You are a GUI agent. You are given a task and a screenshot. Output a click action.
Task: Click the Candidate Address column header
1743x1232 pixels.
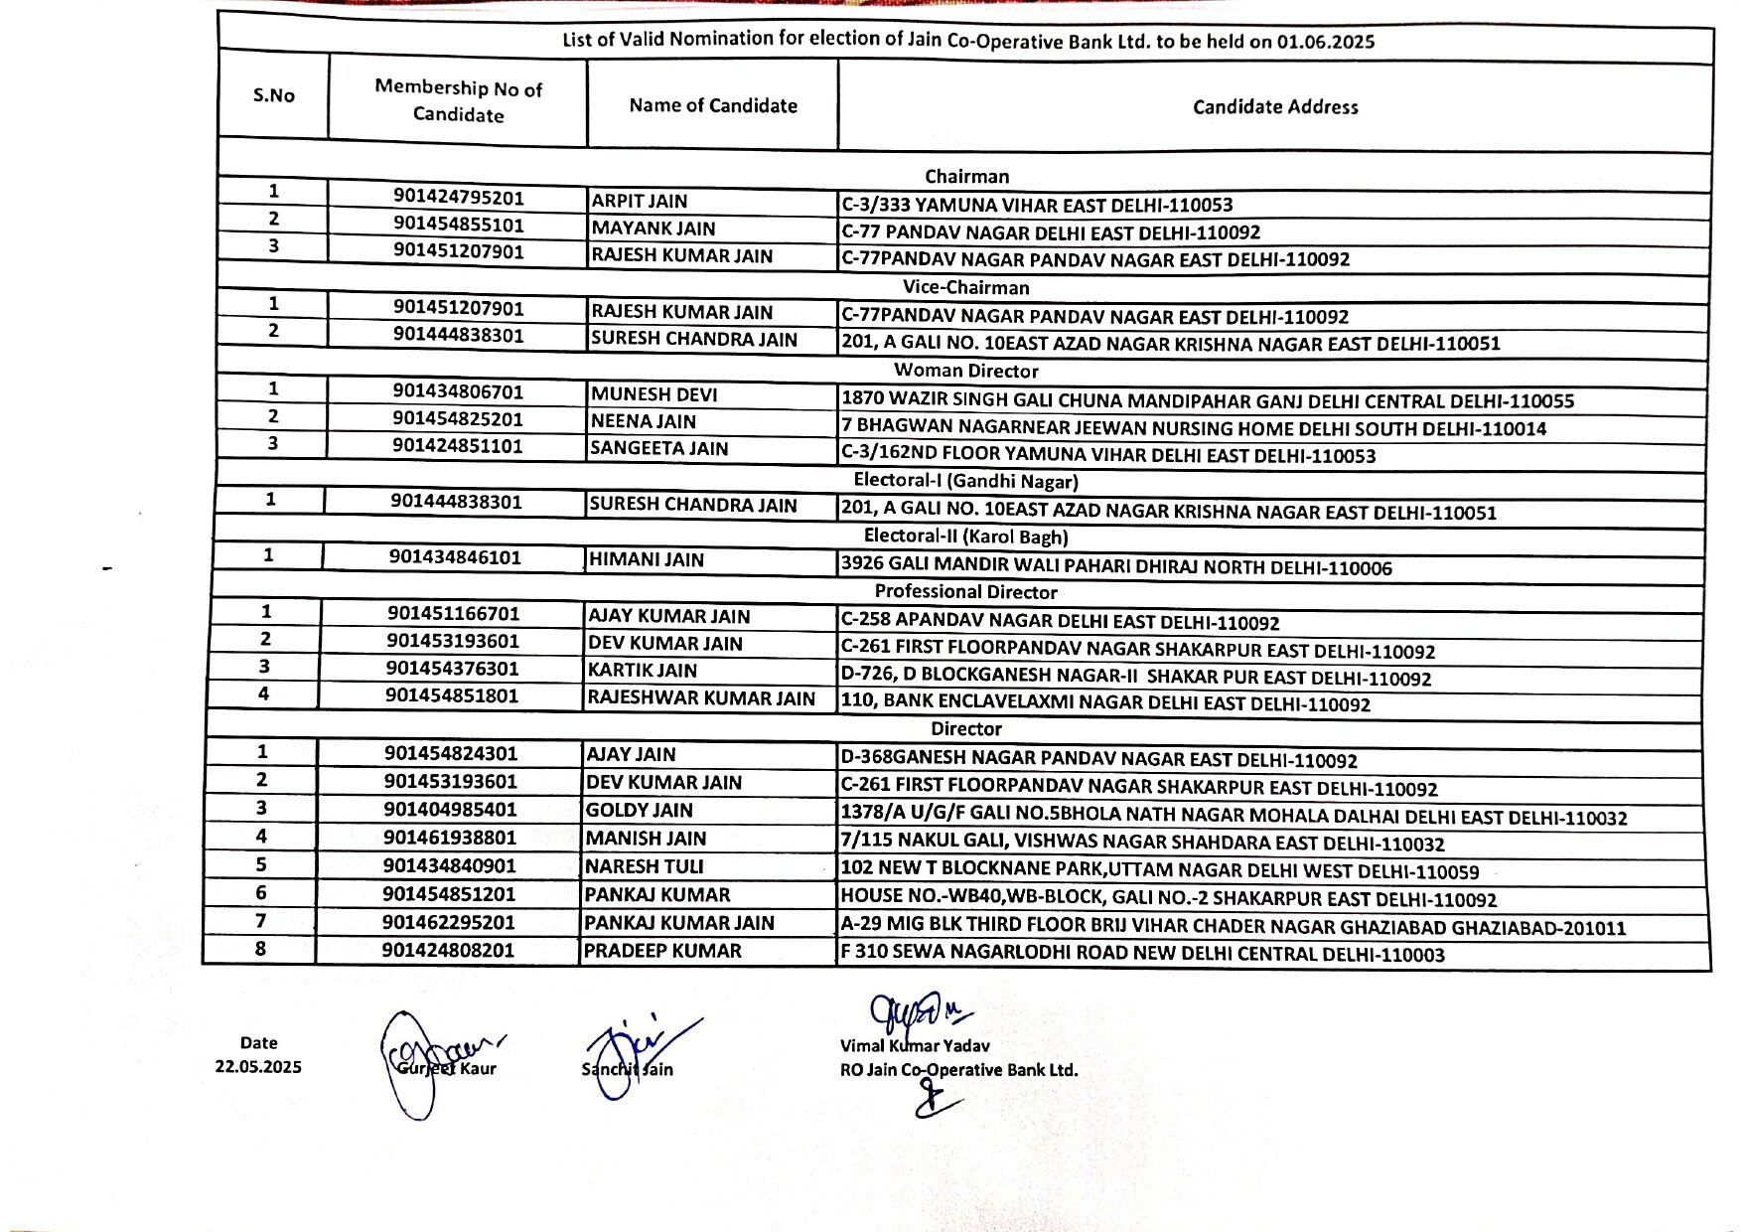(1275, 107)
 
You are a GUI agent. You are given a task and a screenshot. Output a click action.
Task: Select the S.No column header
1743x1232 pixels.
(274, 95)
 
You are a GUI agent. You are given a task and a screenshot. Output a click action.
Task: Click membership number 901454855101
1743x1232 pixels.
(458, 225)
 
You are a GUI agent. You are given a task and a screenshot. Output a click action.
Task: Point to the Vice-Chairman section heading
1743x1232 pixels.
(965, 288)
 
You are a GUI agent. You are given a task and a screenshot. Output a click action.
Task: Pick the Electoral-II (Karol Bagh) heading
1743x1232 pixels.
(965, 538)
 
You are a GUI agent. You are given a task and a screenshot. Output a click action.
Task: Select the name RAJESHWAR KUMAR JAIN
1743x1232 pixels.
(701, 698)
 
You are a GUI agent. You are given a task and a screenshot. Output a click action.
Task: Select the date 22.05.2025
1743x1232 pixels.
(258, 1067)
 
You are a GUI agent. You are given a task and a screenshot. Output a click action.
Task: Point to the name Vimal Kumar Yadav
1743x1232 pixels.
(915, 1046)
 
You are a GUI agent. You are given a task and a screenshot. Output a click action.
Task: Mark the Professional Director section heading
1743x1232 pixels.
(965, 592)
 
